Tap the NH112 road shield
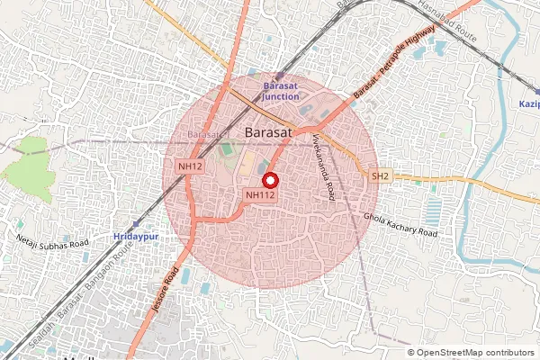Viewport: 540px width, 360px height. coord(259,194)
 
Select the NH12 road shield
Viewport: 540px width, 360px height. coord(189,166)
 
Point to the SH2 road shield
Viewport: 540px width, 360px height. coord(380,176)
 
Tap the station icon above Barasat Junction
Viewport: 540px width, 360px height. coord(279,76)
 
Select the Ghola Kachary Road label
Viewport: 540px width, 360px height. coord(400,225)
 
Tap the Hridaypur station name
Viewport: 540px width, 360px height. coord(137,236)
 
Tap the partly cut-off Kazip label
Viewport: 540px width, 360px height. coord(528,104)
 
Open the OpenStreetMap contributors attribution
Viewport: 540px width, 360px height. coord(473,353)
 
